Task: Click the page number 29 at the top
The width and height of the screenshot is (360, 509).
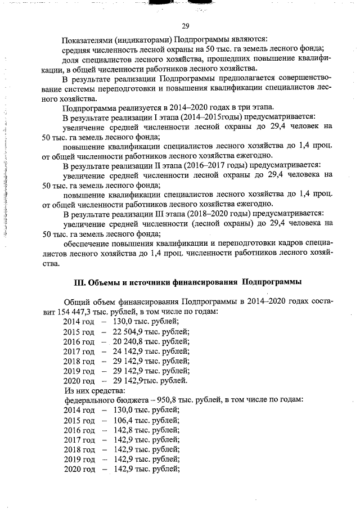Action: point(185,25)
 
